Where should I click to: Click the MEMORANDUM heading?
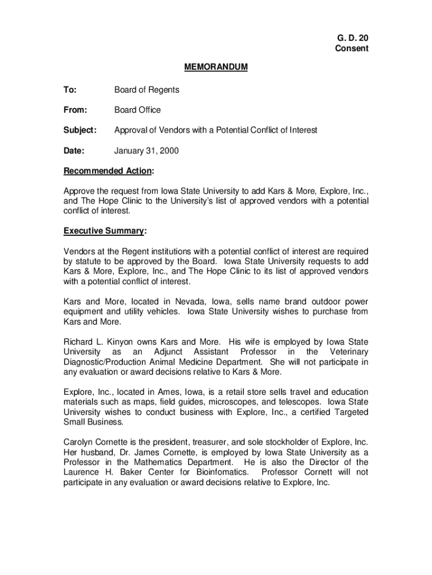(215, 67)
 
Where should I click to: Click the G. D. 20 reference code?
(352, 38)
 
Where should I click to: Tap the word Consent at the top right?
(352, 48)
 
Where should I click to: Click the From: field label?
(75, 110)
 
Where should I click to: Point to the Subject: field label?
(80, 130)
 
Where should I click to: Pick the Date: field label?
(73, 150)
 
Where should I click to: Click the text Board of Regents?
(147, 90)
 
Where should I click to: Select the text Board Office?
(137, 110)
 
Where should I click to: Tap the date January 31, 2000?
(147, 150)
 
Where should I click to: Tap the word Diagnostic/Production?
(107, 362)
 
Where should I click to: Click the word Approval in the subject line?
(131, 130)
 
